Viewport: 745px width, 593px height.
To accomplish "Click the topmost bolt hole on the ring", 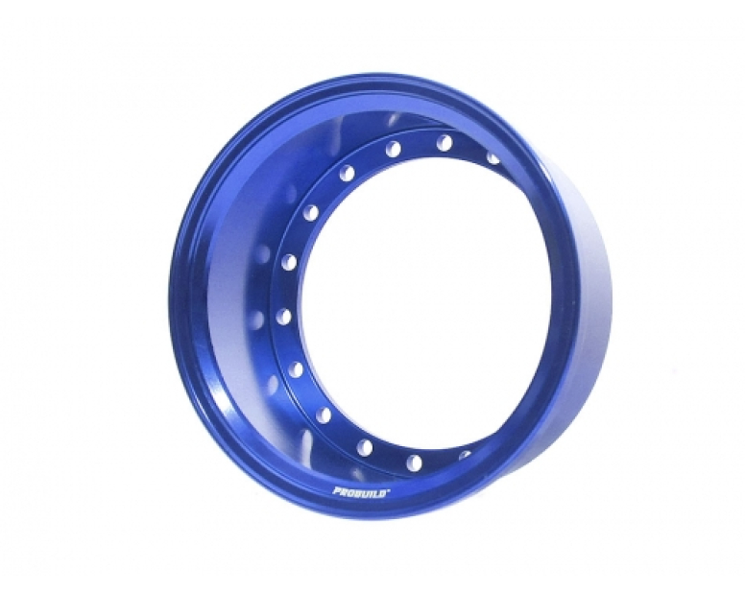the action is coord(444,142).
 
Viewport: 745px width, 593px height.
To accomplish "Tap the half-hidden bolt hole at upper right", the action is coord(493,159).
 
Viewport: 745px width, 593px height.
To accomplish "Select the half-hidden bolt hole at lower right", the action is coord(466,455).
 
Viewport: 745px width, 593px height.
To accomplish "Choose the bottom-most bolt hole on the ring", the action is coord(414,461).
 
